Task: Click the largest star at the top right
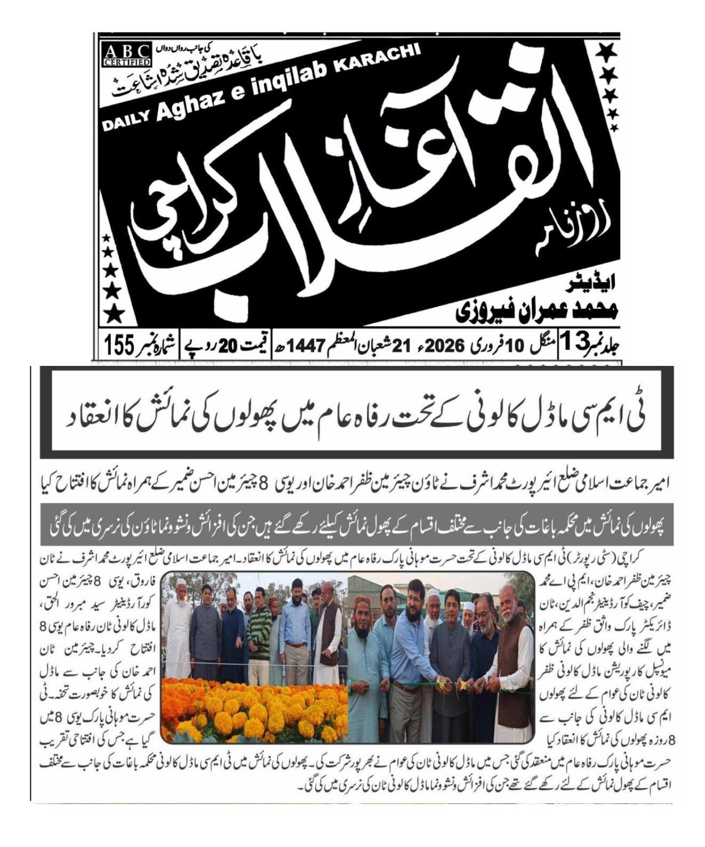click(x=606, y=53)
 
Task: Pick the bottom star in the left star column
click(x=113, y=315)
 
